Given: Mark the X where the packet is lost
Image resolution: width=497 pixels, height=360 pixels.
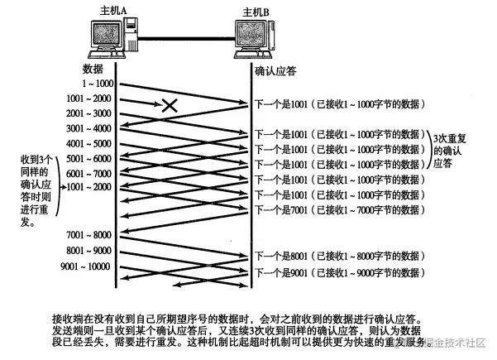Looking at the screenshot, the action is tap(170, 105).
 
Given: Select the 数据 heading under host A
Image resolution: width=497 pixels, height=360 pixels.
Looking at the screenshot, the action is tap(93, 69).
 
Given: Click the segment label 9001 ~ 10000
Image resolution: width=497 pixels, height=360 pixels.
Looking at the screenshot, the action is tap(85, 266).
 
